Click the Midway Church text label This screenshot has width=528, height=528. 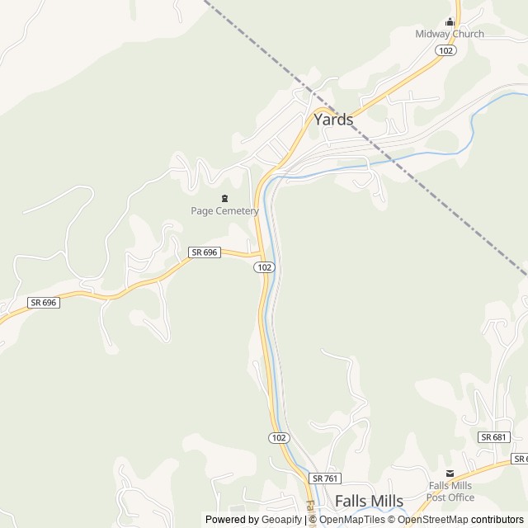tap(450, 34)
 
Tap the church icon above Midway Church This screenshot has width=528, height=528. tap(450, 22)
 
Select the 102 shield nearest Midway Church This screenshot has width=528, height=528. tap(445, 50)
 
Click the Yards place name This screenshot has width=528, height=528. tap(333, 120)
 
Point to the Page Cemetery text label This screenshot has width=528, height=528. tap(224, 211)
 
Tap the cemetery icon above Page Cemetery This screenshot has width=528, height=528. tap(224, 199)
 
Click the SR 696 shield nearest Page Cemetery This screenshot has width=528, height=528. tap(204, 252)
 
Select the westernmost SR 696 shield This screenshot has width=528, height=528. tap(43, 303)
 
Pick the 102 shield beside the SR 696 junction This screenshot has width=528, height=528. tap(264, 268)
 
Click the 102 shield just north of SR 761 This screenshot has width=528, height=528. tap(279, 437)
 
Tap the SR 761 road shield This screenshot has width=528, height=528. tap(326, 478)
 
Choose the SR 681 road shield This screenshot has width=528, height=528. tap(493, 436)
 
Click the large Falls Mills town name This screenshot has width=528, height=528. tap(369, 502)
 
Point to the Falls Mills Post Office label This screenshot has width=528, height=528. tap(450, 492)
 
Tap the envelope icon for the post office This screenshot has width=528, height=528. tap(450, 473)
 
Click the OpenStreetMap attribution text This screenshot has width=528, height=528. tap(432, 520)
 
